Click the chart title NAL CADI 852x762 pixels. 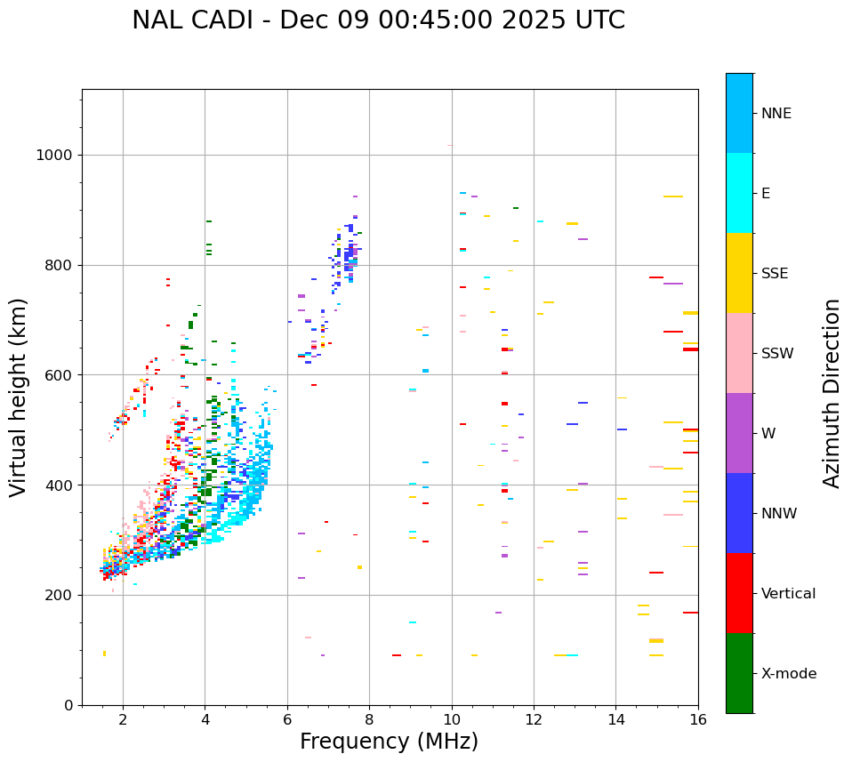coord(378,20)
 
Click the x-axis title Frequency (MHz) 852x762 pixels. coord(389,742)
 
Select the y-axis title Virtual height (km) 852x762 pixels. coord(19,397)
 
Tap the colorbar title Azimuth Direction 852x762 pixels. coord(832,392)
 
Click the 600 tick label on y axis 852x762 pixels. coord(58,375)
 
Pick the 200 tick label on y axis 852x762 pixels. coord(58,596)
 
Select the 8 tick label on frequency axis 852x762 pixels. coord(369,720)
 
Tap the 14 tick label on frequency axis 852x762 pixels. coord(615,720)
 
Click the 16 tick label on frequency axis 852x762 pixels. coord(698,720)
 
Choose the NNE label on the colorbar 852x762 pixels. coord(776,114)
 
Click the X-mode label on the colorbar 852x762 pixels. coord(788,674)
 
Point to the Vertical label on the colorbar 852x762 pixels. coord(788,594)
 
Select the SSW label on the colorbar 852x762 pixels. coord(777,354)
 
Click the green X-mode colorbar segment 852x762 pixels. coord(739,673)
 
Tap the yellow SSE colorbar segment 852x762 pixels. coord(739,273)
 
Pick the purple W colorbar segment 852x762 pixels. coord(739,433)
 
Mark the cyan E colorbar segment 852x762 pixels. coord(739,193)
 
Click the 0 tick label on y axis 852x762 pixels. coord(69,706)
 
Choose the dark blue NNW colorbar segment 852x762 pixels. coord(739,513)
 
